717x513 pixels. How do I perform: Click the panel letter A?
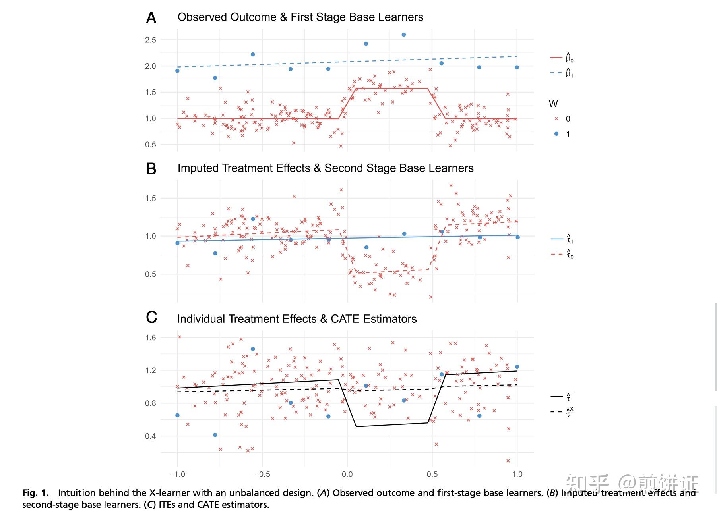(151, 18)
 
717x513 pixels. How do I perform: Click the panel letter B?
(151, 169)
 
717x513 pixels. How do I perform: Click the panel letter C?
(151, 318)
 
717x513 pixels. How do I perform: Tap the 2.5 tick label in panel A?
(151, 40)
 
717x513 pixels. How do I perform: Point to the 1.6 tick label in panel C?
(151, 338)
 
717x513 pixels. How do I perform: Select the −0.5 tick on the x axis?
(262, 474)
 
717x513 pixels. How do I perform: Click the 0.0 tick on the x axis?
(347, 474)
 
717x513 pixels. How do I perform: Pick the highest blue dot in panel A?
(404, 35)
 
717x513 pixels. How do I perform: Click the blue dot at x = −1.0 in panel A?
(177, 71)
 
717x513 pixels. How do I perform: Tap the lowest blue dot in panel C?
(215, 435)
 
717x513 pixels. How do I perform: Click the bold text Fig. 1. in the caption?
(35, 493)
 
